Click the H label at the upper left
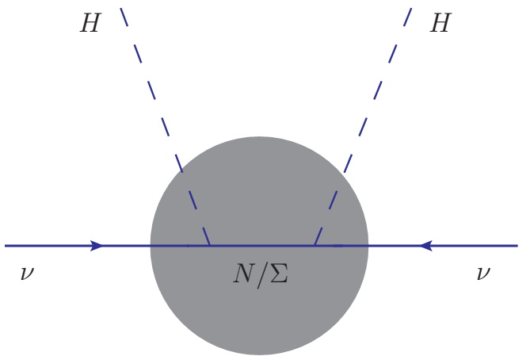[90, 24]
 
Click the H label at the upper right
[440, 24]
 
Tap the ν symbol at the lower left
[28, 274]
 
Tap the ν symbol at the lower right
[483, 274]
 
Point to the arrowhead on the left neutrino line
[97, 246]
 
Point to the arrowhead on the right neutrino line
[425, 246]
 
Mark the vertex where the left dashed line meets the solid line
[210, 246]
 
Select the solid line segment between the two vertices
[261, 246]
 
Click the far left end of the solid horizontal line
[6, 246]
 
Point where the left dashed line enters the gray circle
[181, 168]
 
